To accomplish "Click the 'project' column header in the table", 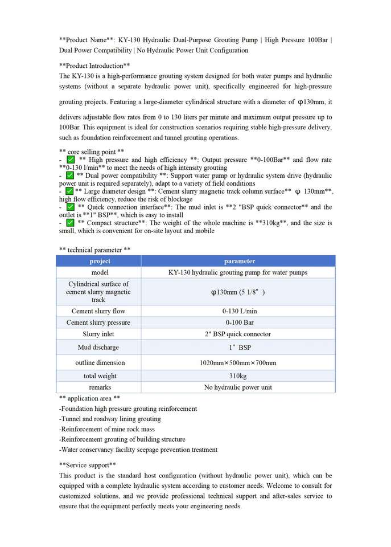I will coord(100,261).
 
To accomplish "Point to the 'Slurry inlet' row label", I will coord(98,334).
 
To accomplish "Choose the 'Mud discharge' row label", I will coord(98,347).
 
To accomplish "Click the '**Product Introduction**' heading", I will coord(94,66).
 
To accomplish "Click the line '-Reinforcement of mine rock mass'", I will coord(106,429).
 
